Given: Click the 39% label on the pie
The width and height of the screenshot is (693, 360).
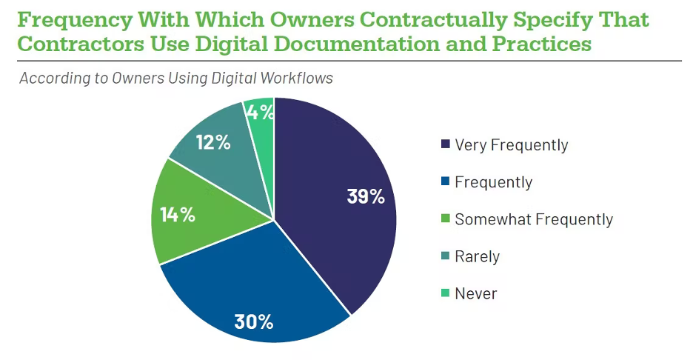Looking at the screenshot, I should (366, 197).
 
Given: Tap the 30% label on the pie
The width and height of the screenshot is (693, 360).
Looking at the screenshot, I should (254, 322).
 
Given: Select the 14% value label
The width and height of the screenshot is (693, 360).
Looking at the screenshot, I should (178, 215).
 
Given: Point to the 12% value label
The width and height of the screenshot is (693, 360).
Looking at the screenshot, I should (213, 141).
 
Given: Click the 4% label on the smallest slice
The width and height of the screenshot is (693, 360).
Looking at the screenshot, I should (261, 113).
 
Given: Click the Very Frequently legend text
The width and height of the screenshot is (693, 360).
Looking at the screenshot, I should (511, 145).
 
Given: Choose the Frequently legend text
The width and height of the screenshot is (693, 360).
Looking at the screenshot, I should (493, 182).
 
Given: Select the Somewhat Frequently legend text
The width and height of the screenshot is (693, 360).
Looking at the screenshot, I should (533, 219).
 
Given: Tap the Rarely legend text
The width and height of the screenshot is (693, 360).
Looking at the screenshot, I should (477, 257).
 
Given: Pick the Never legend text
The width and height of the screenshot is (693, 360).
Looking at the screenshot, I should (475, 294).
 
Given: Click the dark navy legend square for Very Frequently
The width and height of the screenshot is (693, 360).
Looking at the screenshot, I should (445, 144).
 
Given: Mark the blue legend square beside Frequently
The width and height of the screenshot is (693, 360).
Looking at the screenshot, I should (445, 182).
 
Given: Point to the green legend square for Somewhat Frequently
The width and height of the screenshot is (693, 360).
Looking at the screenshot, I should (445, 219).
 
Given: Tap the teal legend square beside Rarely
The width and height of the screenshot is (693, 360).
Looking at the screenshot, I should (445, 257).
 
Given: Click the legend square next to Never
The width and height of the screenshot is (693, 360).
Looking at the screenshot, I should (445, 294).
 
